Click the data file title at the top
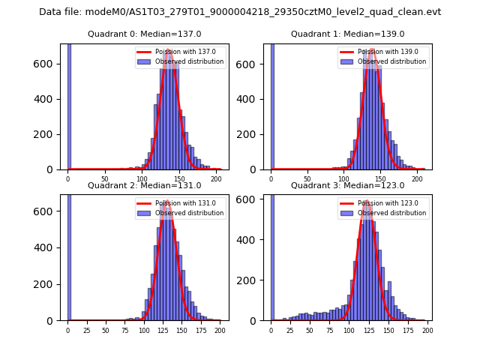point(240,12)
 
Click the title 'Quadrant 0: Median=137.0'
point(145,34)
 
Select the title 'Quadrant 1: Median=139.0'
point(347,34)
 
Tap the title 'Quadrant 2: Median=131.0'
point(145,185)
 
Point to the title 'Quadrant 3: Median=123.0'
point(347,185)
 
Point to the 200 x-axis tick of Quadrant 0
point(216,178)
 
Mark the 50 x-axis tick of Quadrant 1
point(307,178)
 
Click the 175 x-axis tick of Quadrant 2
point(201,330)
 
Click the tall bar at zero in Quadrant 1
point(271,105)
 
